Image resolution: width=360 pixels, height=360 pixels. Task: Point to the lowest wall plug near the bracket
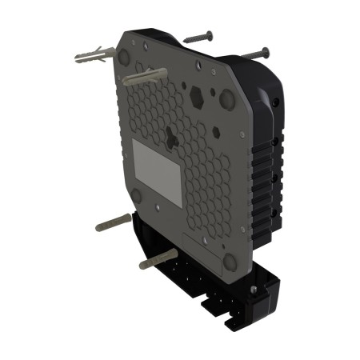[157, 260]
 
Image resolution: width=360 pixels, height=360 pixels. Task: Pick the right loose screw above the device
[254, 54]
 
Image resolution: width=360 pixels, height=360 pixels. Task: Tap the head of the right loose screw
[266, 51]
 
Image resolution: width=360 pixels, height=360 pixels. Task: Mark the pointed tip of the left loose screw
[185, 39]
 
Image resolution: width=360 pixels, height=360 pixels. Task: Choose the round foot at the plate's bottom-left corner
[135, 194]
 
